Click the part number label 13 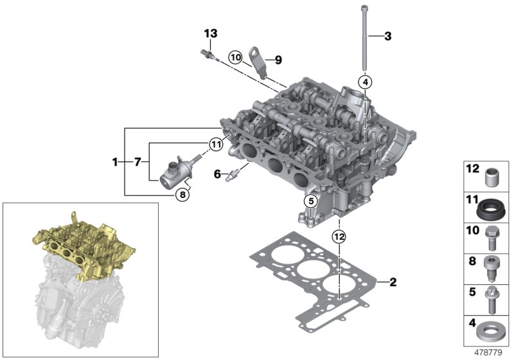211,33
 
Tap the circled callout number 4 365,82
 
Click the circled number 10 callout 235,57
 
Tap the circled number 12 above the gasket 339,237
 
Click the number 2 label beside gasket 393,282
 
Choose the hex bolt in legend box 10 493,239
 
